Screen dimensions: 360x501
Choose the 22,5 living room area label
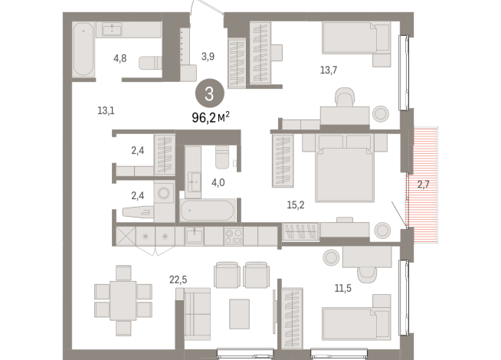178,280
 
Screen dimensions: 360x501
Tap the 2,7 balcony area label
424,184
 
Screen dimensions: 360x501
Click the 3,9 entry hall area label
208,56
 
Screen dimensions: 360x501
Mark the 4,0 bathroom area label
218,182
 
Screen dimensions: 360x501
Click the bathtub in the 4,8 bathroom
82,49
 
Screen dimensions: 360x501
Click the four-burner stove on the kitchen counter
233,234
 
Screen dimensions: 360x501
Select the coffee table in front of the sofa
240,312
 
